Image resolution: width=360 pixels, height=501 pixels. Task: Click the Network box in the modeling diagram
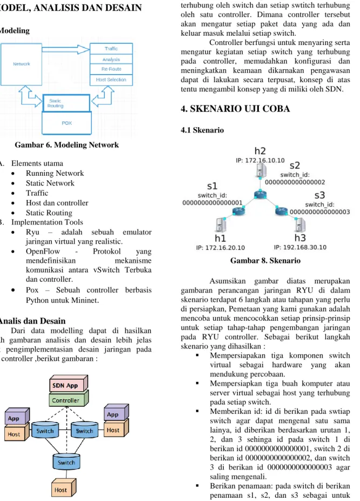[x=21, y=64]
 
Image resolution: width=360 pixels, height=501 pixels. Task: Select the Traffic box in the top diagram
[x=111, y=49]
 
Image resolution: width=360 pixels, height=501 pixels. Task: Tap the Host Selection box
[x=111, y=80]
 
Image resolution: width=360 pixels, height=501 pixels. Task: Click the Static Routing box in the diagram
[x=66, y=103]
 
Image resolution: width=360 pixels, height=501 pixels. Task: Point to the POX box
[x=66, y=123]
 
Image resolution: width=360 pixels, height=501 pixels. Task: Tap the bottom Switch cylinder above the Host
[x=66, y=462]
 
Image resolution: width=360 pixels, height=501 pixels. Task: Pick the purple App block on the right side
[x=116, y=412]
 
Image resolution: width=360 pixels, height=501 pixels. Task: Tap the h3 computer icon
[x=299, y=225]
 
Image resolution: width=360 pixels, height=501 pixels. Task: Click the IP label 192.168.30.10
[x=300, y=247]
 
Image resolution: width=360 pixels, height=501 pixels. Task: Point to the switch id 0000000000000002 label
[x=295, y=182]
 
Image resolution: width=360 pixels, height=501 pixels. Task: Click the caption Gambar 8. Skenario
[x=265, y=261]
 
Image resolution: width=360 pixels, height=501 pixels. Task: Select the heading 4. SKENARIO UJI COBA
[x=235, y=109]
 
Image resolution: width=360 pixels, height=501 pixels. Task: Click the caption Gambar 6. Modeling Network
[x=66, y=145]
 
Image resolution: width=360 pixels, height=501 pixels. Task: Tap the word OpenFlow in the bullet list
[x=43, y=252]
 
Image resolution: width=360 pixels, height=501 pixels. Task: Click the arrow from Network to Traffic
[x=66, y=49]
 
